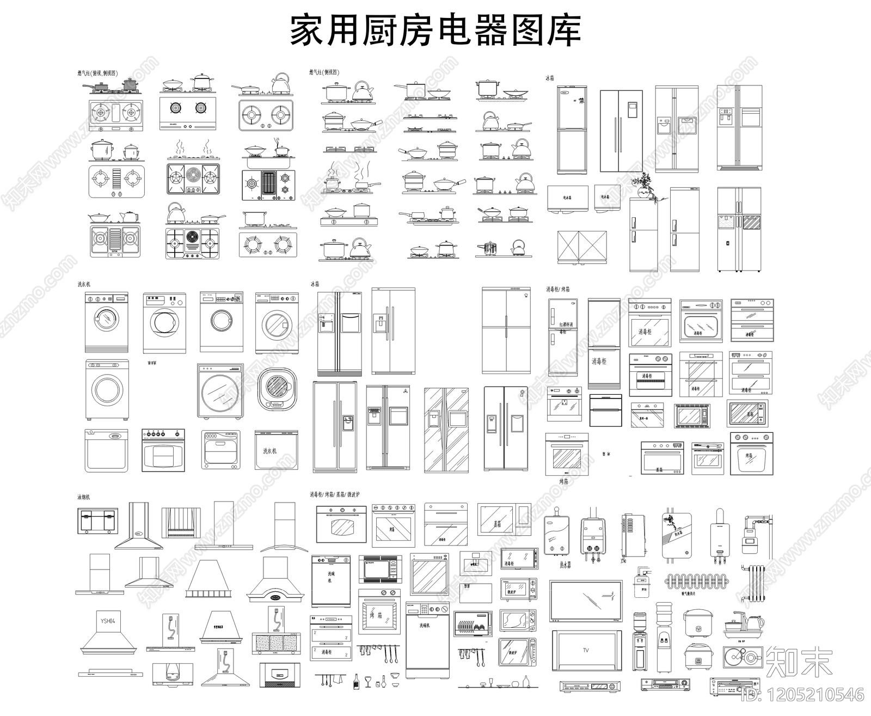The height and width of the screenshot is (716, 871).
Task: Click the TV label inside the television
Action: point(586,650)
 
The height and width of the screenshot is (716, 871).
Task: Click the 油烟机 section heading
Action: point(84,497)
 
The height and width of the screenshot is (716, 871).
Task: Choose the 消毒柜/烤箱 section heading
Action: point(558,289)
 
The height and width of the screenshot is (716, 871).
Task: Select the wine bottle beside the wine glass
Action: point(357,680)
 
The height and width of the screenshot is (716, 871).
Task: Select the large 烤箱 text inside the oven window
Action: point(376,616)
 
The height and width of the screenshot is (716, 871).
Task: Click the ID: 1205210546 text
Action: point(803,695)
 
